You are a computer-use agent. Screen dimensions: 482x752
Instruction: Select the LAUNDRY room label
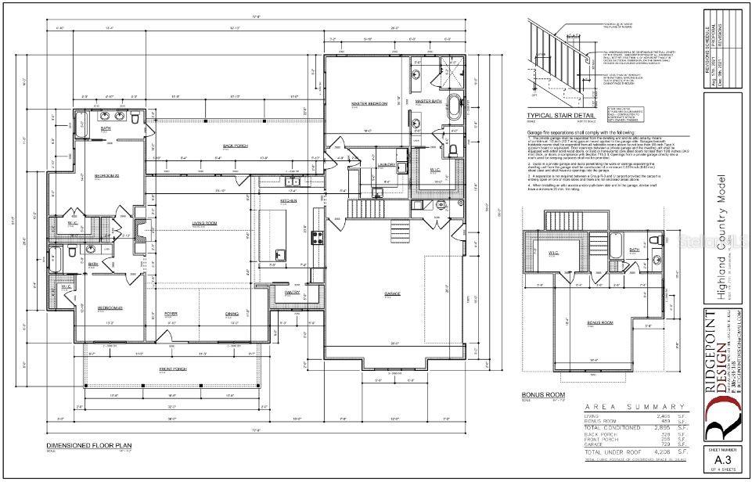(386, 165)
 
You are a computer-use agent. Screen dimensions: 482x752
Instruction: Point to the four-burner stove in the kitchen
(317, 237)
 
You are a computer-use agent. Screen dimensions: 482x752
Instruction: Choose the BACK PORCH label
(235, 146)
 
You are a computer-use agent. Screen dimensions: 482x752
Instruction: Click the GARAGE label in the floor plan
(392, 294)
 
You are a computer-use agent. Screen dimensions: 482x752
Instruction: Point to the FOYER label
(171, 314)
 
